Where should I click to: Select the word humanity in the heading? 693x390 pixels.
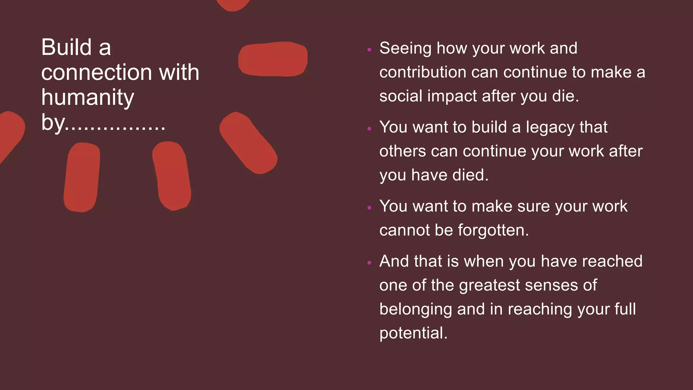click(x=88, y=97)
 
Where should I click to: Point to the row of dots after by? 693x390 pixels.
click(x=115, y=128)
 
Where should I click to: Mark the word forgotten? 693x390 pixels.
click(x=493, y=231)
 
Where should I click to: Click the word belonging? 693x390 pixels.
click(x=415, y=309)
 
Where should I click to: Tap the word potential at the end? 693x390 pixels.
click(x=413, y=333)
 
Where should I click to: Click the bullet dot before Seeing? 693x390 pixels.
click(x=369, y=50)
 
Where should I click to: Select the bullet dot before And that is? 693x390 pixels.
click(x=369, y=262)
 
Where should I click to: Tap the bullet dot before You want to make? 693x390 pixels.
click(x=369, y=208)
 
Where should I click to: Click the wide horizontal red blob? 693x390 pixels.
click(x=273, y=59)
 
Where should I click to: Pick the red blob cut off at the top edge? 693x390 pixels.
click(x=233, y=4)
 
